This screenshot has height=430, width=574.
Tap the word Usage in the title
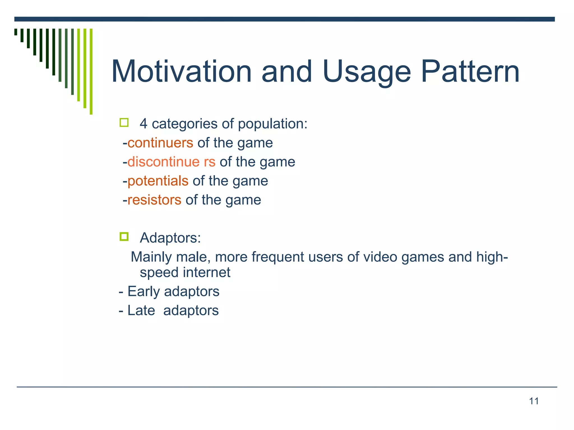[x=366, y=72]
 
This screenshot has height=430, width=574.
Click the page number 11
[x=534, y=401]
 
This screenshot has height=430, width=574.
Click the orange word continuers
[x=160, y=143]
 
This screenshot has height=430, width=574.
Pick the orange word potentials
[x=158, y=181]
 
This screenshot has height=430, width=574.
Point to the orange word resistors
[x=154, y=200]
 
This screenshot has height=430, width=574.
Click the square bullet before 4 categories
[x=124, y=123]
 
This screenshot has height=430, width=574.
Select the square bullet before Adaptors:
[x=124, y=237]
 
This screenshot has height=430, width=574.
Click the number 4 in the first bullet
[x=143, y=124]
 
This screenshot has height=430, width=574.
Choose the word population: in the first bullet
[x=273, y=124]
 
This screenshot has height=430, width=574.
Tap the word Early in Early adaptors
[x=143, y=292]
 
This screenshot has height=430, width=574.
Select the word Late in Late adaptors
[x=141, y=310]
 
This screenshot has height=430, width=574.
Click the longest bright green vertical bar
[x=91, y=71]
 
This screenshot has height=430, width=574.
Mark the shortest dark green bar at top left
[x=16, y=32]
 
